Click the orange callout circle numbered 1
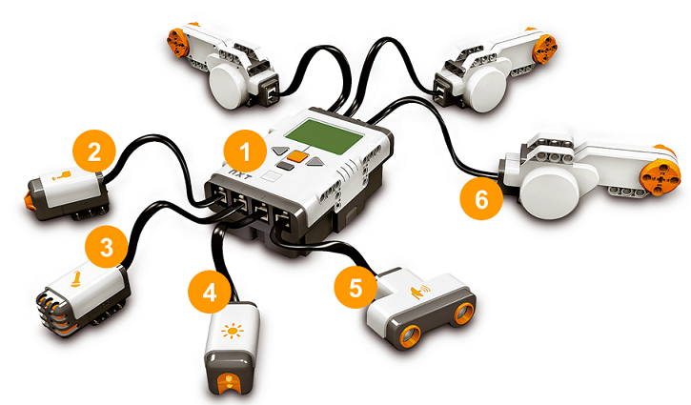(x=245, y=152)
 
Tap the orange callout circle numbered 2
(x=93, y=152)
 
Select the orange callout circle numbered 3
(x=107, y=247)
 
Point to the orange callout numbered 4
(x=210, y=292)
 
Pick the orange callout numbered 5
(x=356, y=288)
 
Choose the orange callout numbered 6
(x=481, y=198)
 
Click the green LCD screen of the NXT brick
(x=325, y=136)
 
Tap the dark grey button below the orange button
(x=286, y=166)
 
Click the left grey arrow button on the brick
(x=280, y=151)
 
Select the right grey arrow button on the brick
(x=315, y=162)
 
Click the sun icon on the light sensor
(x=233, y=331)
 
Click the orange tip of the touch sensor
(x=30, y=200)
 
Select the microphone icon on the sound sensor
(x=75, y=278)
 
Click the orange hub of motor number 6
(x=656, y=173)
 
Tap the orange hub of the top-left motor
(x=176, y=43)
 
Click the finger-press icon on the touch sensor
(x=61, y=176)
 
